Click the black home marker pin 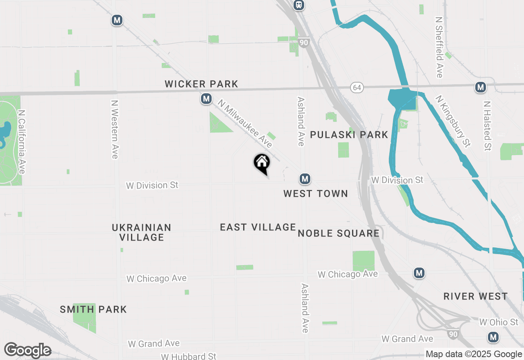pos(262,163)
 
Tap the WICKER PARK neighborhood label pos(201,84)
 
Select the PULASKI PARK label pos(349,135)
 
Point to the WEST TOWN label pos(316,194)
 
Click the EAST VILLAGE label pos(258,227)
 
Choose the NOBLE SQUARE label pos(339,234)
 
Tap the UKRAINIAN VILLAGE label pos(141,232)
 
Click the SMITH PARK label pos(93,310)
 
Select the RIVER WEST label pos(475,297)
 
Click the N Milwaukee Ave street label pos(245,124)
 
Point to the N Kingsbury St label pos(453,122)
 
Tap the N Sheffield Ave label pos(439,47)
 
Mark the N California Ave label pos(22,142)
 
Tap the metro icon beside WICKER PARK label pos(206,99)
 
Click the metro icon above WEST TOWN pos(304,179)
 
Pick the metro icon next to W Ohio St pos(493,337)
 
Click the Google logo pos(27,350)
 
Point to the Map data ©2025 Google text pos(474,354)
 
